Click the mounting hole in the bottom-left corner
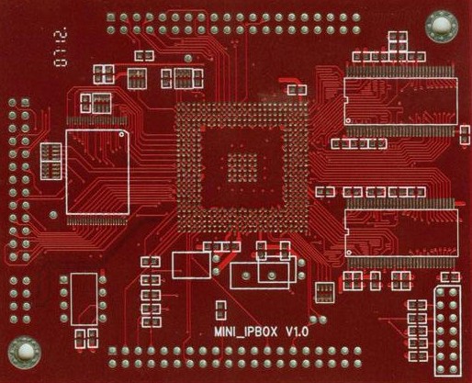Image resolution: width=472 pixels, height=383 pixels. click(x=23, y=351)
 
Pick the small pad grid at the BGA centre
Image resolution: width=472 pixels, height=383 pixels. click(x=243, y=166)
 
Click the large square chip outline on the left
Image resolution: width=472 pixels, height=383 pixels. click(x=97, y=174)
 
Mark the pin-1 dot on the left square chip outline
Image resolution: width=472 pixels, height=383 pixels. click(x=120, y=135)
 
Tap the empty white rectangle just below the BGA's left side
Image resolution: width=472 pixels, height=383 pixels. click(x=190, y=265)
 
